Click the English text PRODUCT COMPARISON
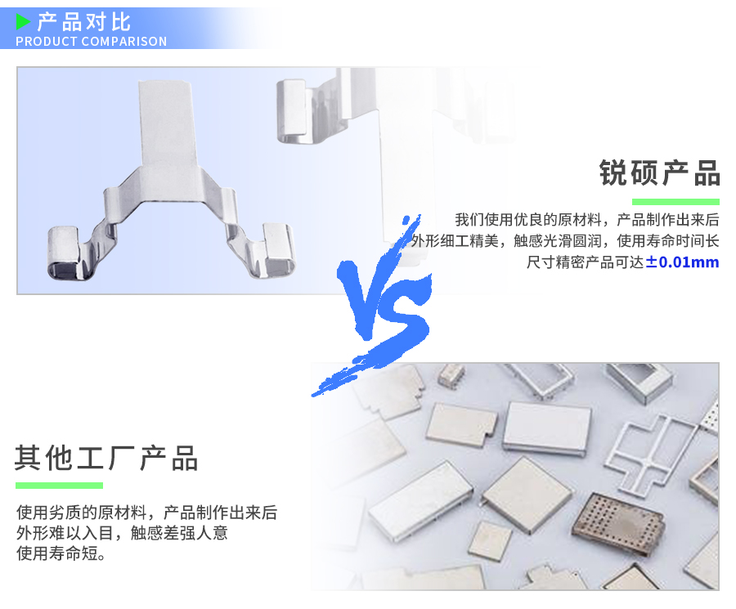click(91, 42)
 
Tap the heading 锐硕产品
click(659, 173)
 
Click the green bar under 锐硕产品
click(675, 202)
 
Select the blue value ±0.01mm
click(682, 262)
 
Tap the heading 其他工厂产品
click(106, 459)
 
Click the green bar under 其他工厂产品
click(59, 486)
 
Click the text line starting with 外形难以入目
click(122, 533)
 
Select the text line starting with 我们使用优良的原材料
click(586, 220)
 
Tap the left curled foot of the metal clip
click(67, 252)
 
